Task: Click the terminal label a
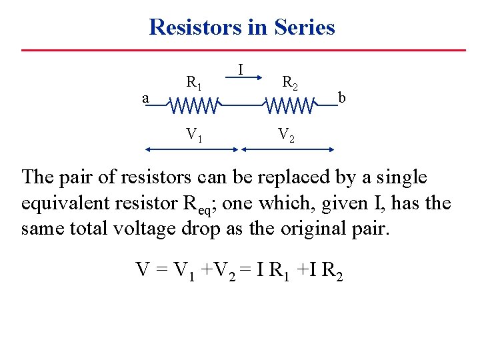click(145, 99)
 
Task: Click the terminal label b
click(342, 98)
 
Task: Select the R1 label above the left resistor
click(194, 83)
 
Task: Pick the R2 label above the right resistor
click(290, 83)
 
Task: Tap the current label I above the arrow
click(240, 69)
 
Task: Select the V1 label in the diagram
click(194, 135)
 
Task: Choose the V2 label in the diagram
click(286, 135)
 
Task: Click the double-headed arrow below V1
click(192, 150)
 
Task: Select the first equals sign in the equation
click(161, 270)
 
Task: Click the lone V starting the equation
click(143, 269)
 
